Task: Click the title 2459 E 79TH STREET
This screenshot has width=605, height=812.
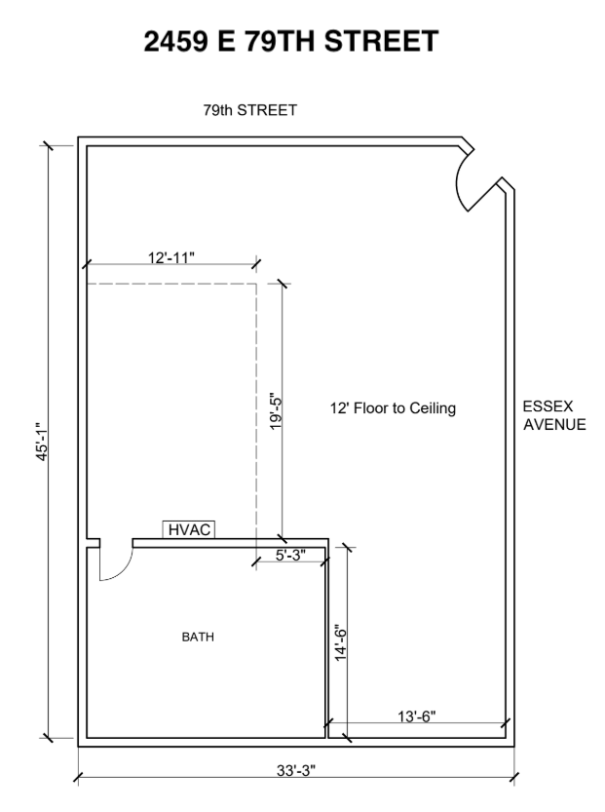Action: coord(291,41)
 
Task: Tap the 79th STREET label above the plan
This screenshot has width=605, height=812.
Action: coord(250,110)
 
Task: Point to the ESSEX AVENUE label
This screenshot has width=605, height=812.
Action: coord(554,415)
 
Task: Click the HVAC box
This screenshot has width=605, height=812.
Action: coord(189,529)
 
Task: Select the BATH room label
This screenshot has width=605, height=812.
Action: coord(198,637)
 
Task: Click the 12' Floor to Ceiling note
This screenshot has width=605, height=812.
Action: coord(393,408)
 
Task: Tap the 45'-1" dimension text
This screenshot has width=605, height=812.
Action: coord(43,442)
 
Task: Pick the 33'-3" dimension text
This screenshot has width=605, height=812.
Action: coord(296,770)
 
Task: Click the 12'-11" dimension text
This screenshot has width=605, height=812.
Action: coord(171,257)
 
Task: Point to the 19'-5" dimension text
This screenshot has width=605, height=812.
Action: coord(276,411)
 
